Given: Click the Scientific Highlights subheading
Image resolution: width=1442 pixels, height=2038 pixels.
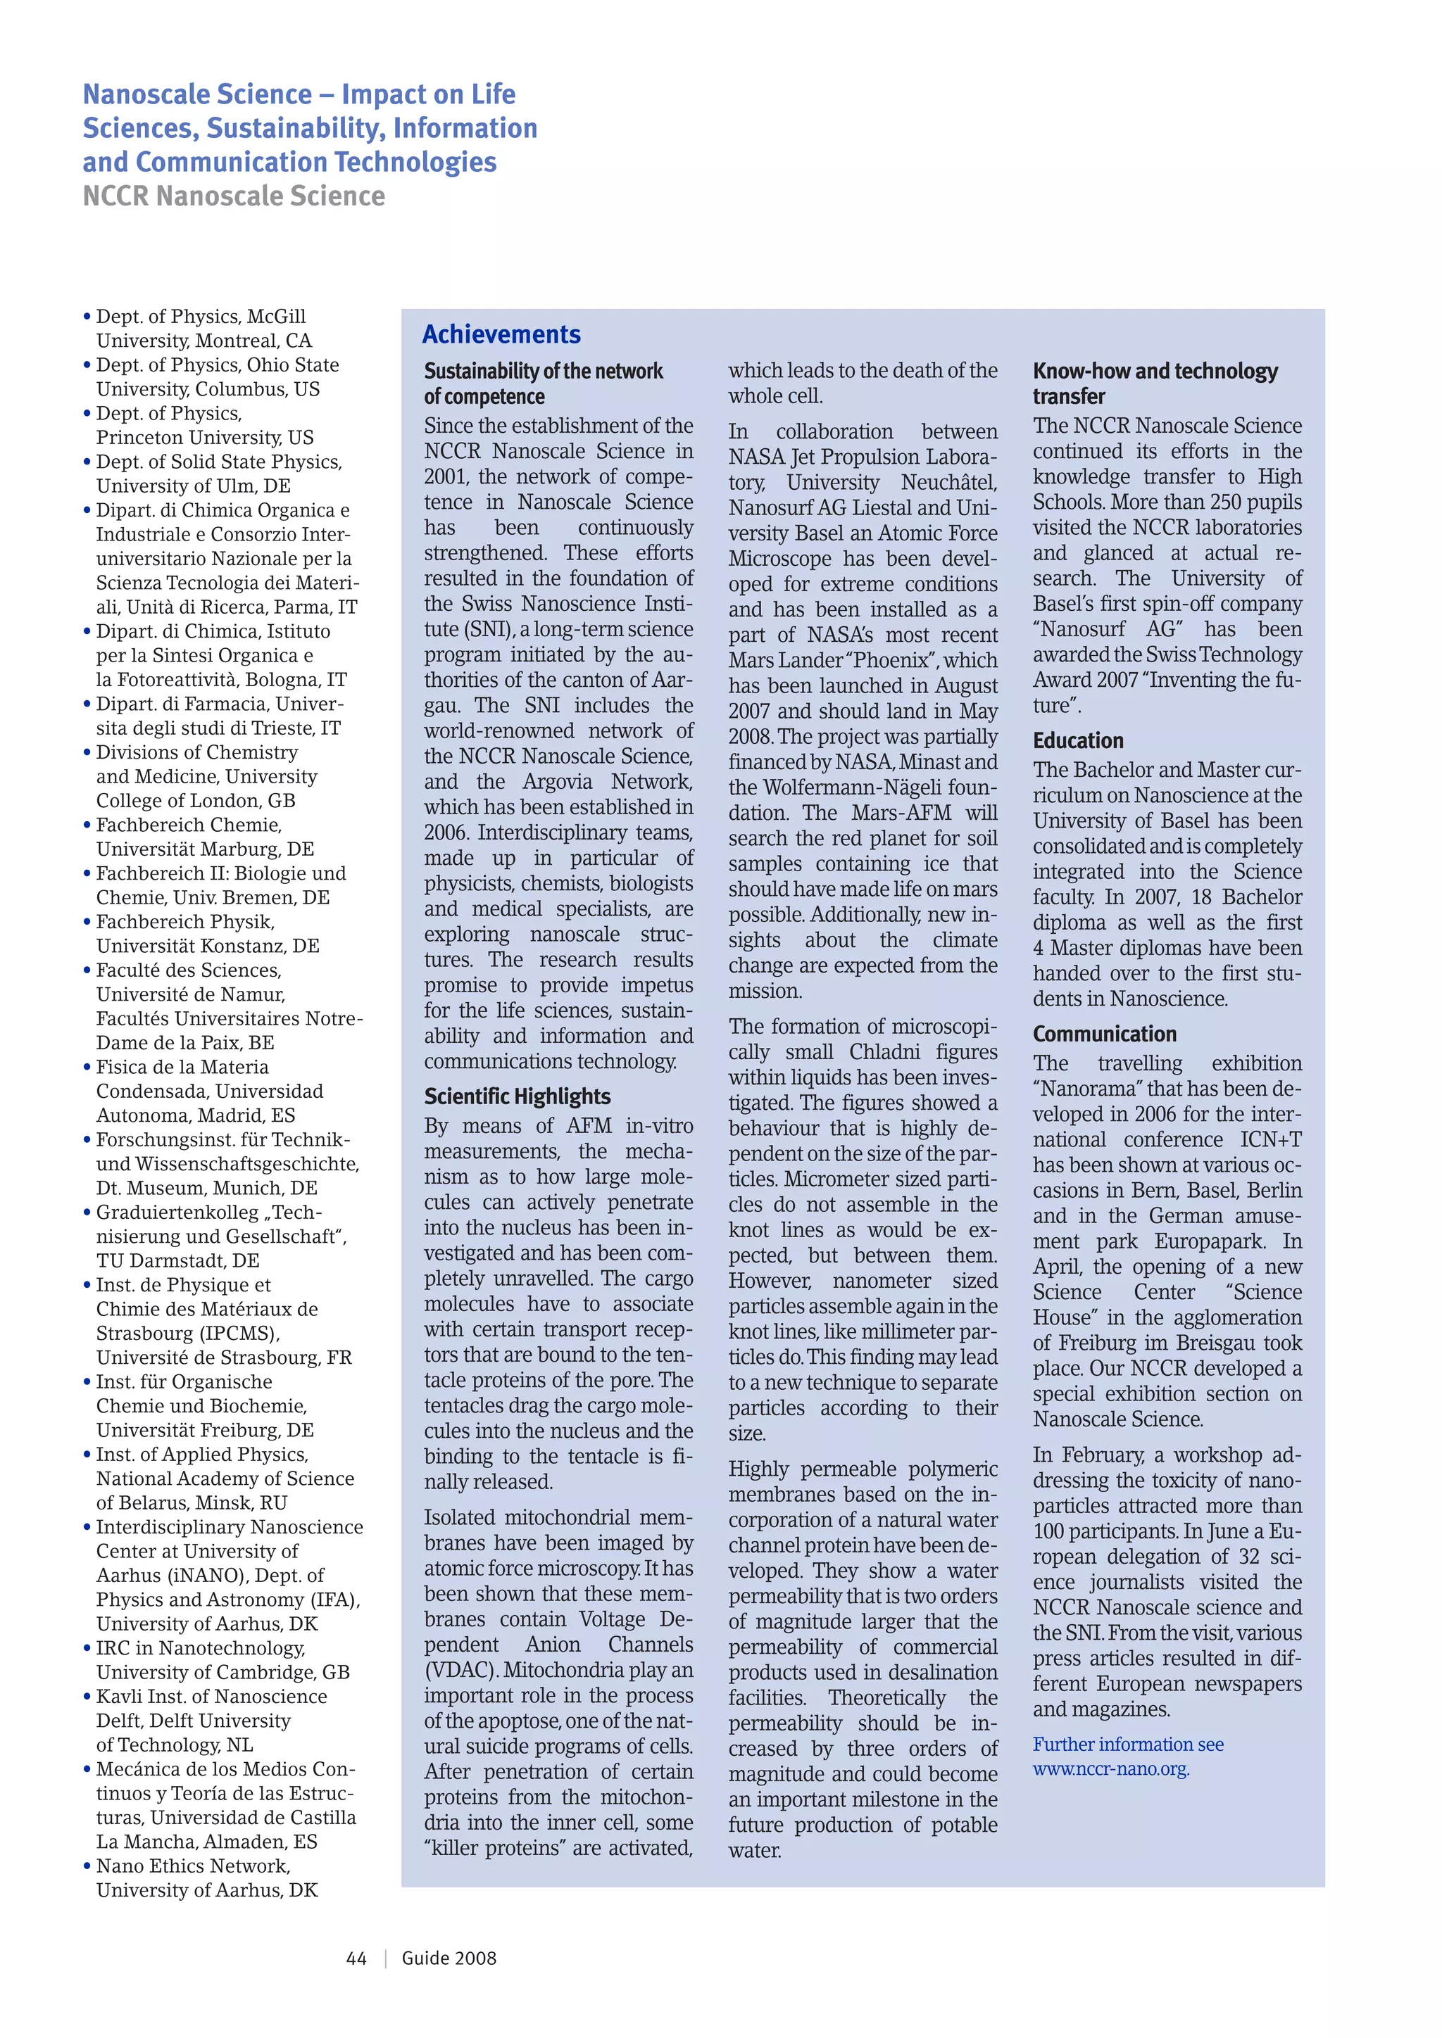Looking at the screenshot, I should [x=517, y=1096].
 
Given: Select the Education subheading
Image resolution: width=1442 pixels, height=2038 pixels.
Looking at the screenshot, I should [x=1078, y=740].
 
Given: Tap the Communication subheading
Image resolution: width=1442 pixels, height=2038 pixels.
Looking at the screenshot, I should [x=1104, y=1033].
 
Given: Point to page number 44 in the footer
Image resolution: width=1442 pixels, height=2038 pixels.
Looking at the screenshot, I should [x=356, y=1958].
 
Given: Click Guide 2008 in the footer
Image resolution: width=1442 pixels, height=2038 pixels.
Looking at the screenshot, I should [x=449, y=1958].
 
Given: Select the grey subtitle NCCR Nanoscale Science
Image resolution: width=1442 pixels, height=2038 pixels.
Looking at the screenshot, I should [x=234, y=196].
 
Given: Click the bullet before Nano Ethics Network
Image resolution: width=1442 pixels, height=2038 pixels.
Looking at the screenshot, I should [x=87, y=1868].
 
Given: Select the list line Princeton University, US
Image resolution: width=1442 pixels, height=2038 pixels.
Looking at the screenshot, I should [x=204, y=438].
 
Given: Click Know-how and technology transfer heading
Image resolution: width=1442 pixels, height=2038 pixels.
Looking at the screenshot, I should [x=1154, y=384].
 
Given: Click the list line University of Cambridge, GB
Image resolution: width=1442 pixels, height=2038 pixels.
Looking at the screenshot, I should [x=223, y=1672].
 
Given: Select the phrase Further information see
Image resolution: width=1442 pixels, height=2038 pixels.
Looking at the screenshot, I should [x=1128, y=1745].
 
